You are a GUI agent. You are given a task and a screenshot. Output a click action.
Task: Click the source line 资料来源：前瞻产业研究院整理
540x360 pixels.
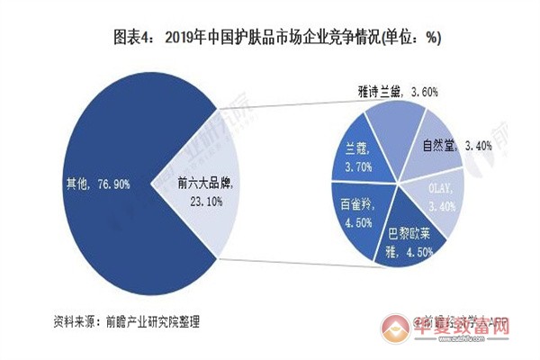(x=126, y=320)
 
